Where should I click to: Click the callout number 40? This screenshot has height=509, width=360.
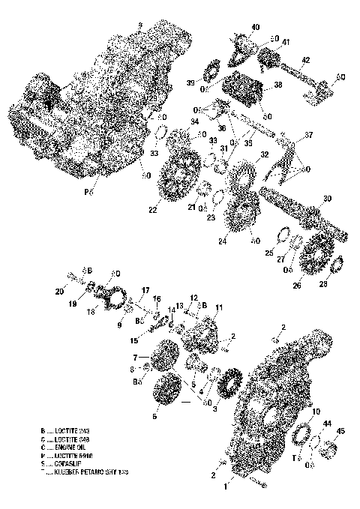(x=256, y=28)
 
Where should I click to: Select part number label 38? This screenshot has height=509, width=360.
(x=278, y=85)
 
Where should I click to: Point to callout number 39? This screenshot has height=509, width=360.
(x=190, y=82)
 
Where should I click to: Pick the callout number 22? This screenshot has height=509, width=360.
(x=152, y=210)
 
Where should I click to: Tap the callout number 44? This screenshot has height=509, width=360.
(x=327, y=424)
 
